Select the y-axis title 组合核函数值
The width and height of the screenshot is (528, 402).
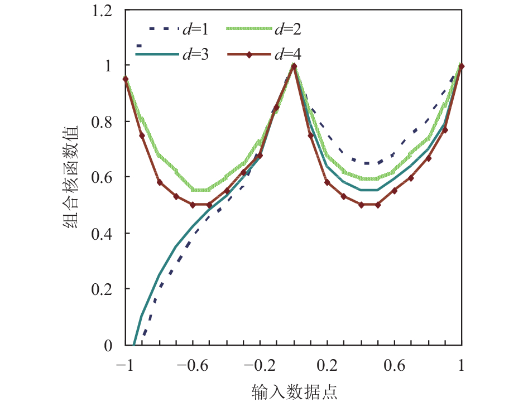point(72,177)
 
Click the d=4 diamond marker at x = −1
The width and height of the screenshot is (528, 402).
point(126,79)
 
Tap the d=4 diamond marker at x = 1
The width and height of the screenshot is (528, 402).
point(462,66)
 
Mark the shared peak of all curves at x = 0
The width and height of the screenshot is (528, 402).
point(294,66)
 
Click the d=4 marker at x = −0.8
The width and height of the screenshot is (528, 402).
point(159,182)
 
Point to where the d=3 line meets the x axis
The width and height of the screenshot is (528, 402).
point(134,345)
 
